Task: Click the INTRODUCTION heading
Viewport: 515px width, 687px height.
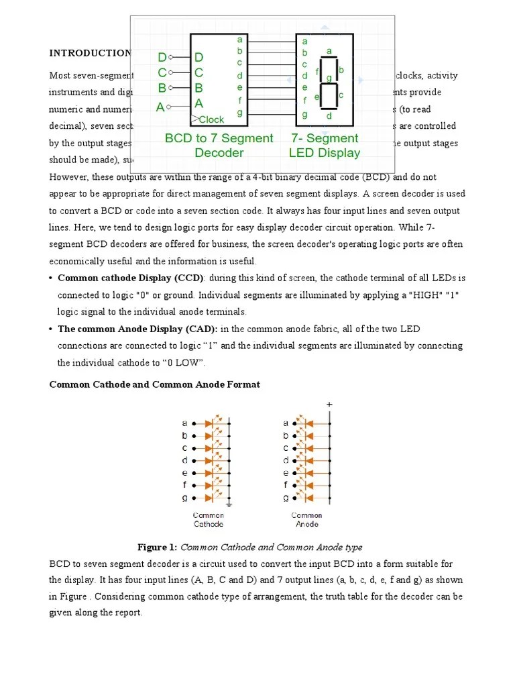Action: [90, 53]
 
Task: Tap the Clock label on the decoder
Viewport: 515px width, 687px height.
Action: [211, 119]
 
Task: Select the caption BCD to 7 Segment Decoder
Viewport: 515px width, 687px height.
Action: [219, 145]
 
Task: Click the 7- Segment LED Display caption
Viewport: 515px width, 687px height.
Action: [325, 145]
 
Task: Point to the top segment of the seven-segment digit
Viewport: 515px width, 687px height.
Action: [329, 59]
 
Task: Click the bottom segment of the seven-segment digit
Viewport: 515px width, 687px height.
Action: [329, 108]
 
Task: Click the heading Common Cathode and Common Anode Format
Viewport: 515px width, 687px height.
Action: [155, 384]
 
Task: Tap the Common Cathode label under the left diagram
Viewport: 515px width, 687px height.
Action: [209, 519]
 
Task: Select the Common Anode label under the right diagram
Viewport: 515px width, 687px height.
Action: [306, 519]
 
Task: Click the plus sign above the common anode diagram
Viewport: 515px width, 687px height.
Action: [329, 405]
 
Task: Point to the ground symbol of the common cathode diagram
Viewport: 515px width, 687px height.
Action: [229, 502]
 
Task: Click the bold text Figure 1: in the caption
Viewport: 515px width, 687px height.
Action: [158, 547]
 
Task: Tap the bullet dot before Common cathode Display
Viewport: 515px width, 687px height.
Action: [52, 278]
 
